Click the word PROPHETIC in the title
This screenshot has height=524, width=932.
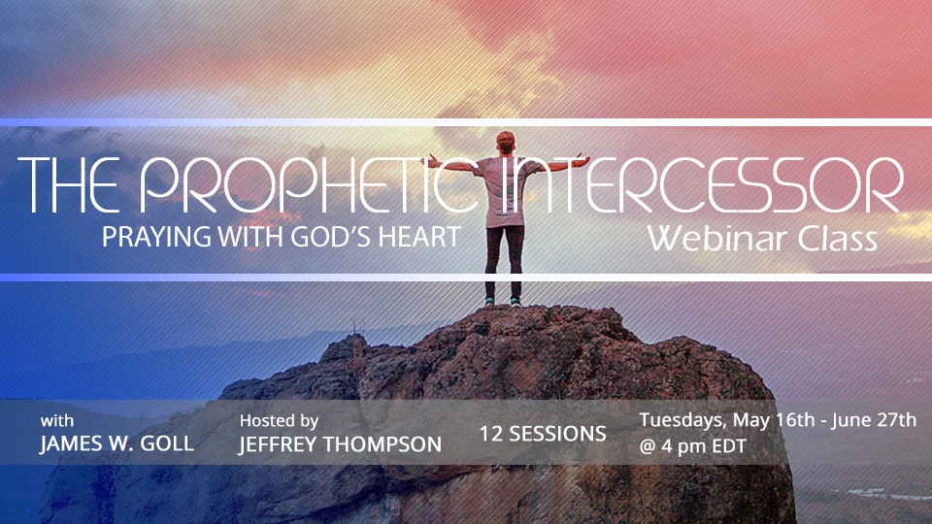click(x=309, y=184)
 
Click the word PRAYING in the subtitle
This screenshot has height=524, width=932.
click(x=156, y=237)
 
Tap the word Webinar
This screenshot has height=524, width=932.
click(x=717, y=239)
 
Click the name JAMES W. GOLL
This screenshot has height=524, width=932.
click(x=117, y=443)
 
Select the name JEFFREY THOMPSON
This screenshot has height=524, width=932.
click(x=340, y=444)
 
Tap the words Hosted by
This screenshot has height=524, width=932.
click(x=279, y=421)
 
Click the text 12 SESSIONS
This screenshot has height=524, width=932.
click(x=543, y=434)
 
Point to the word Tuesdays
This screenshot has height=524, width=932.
click(x=682, y=420)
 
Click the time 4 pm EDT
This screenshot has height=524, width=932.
click(x=703, y=446)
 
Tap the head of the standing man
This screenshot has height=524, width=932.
click(x=505, y=143)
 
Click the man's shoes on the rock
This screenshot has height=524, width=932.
click(x=503, y=301)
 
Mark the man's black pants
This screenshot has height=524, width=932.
click(x=504, y=261)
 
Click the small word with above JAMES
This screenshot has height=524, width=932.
click(x=57, y=420)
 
